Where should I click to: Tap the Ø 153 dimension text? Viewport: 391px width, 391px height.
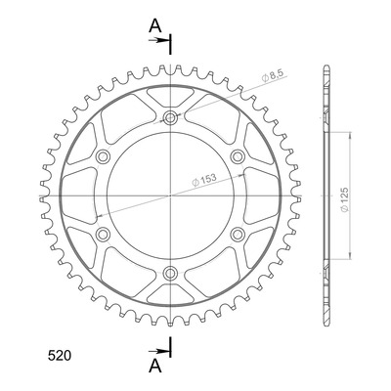click(x=204, y=179)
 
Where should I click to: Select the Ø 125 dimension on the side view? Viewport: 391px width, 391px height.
click(x=345, y=199)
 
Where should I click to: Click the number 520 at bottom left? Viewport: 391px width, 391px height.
click(x=59, y=356)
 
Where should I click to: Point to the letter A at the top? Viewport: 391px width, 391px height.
click(x=155, y=26)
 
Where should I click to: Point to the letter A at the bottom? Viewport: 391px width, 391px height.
click(x=155, y=366)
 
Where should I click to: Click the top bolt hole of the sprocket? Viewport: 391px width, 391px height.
click(x=170, y=117)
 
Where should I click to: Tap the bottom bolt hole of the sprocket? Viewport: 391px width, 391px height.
click(x=170, y=273)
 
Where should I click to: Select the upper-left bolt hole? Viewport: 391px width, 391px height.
click(x=103, y=156)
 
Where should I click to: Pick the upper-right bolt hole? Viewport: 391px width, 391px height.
click(x=238, y=156)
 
